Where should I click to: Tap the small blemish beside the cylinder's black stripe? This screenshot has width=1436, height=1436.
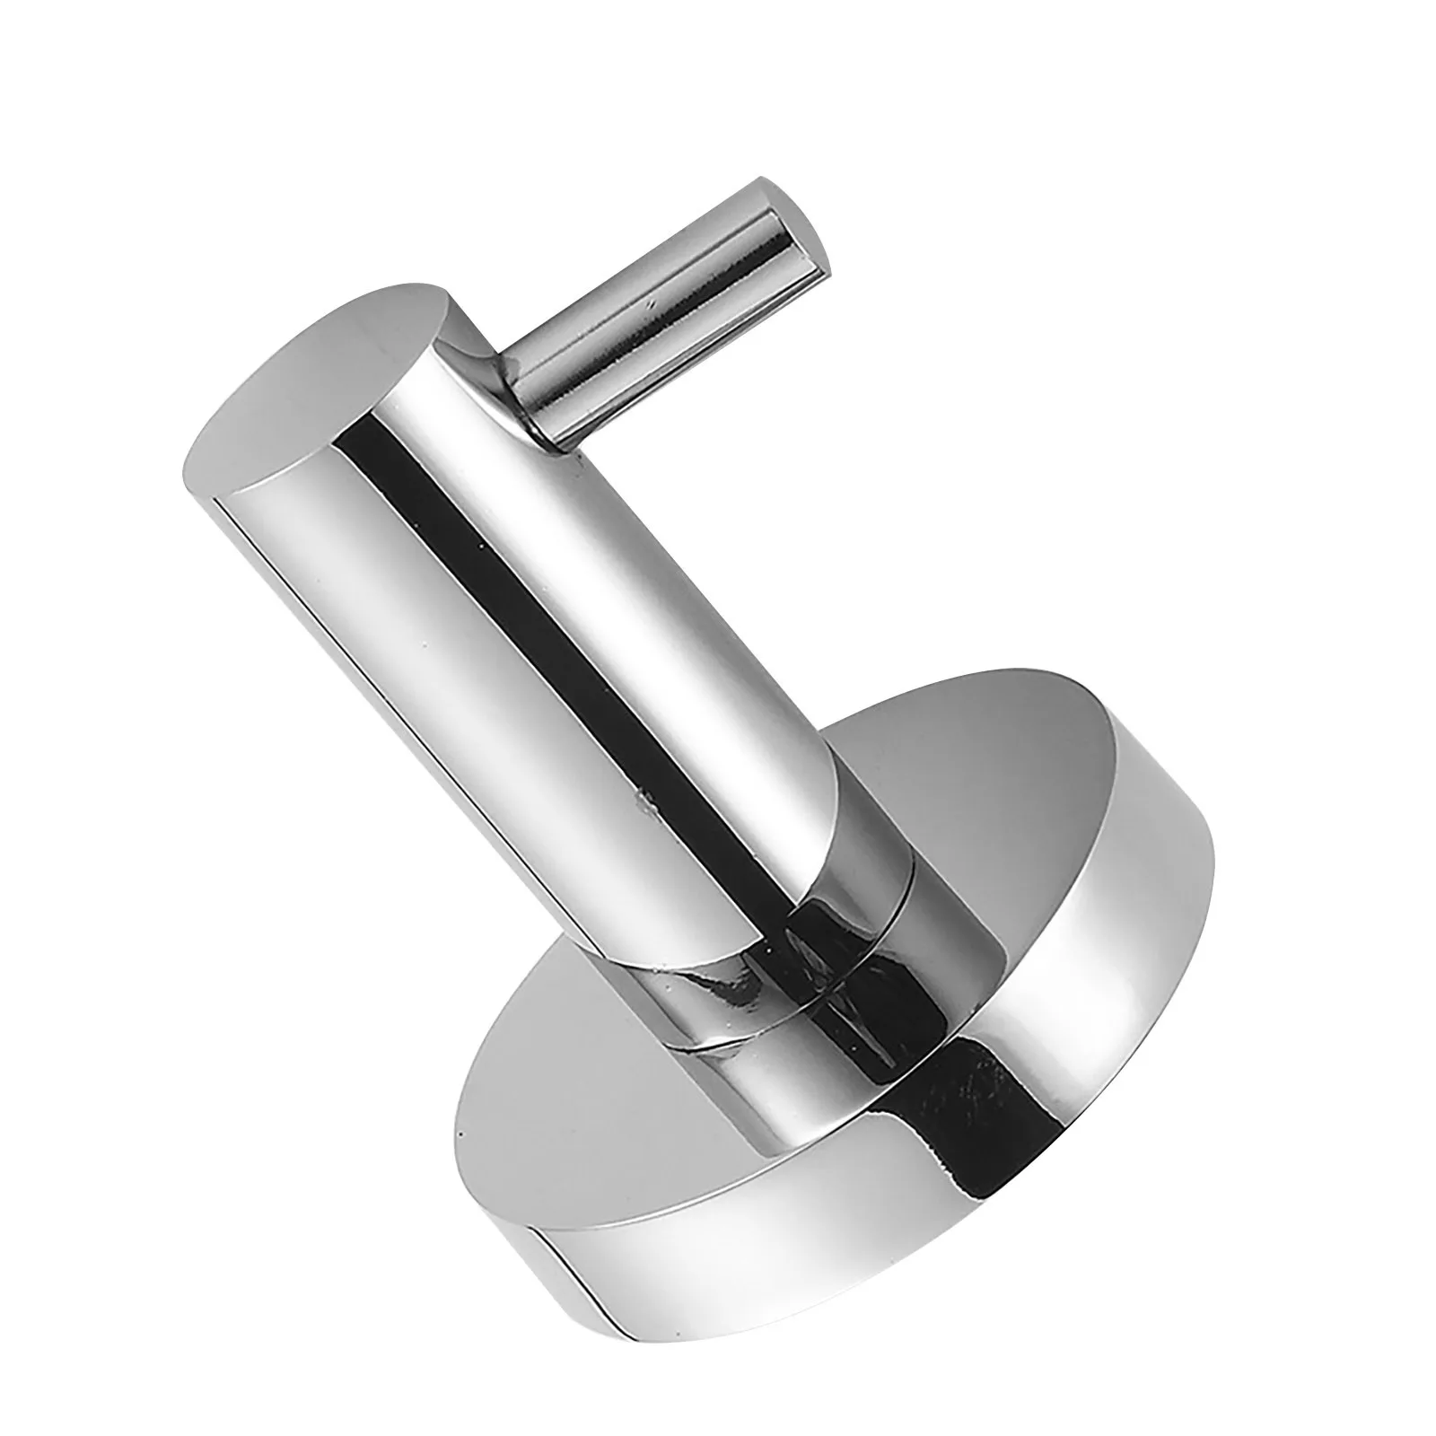(x=639, y=794)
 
